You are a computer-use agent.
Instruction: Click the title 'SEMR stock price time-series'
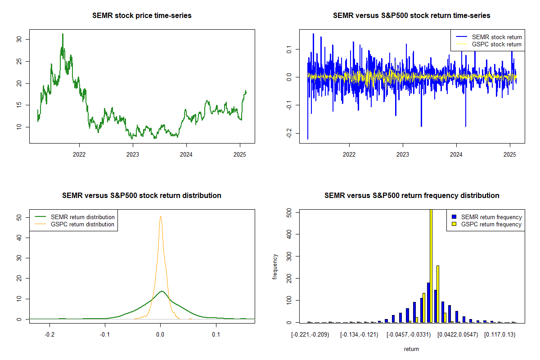[142, 16]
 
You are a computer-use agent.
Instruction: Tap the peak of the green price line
[63, 34]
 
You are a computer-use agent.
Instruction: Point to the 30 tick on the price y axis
[19, 39]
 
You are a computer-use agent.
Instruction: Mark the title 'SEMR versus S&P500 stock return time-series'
[412, 16]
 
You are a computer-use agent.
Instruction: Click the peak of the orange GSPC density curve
[160, 216]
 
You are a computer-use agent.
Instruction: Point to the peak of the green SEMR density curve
[161, 291]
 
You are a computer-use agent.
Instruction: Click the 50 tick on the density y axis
[19, 217]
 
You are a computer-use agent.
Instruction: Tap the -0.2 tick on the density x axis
[50, 335]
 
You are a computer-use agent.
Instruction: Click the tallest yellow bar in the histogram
[431, 265]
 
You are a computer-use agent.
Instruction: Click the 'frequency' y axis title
[276, 266]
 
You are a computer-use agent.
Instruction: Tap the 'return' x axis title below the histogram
[411, 349]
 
